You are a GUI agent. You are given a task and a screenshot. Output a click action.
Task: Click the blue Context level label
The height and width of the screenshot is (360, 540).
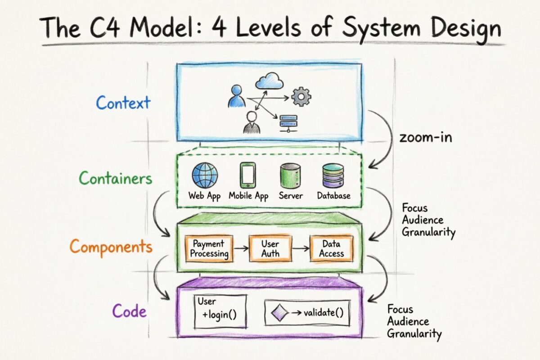(123, 103)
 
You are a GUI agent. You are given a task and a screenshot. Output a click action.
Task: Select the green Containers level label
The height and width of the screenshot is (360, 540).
(116, 179)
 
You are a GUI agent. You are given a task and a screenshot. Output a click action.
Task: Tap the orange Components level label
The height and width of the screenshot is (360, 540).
(111, 247)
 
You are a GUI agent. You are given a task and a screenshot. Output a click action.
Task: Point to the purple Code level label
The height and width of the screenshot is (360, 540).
(129, 311)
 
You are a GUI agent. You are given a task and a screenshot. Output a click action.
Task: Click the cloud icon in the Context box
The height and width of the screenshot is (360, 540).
(270, 81)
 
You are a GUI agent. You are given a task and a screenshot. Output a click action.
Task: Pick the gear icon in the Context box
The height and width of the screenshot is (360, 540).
(301, 97)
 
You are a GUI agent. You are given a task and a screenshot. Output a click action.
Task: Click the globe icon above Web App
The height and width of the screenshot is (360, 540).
(205, 175)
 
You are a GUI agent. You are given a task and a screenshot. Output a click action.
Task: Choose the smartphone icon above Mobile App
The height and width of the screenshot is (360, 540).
(247, 175)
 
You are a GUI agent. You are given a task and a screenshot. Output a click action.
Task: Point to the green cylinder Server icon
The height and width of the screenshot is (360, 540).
(290, 175)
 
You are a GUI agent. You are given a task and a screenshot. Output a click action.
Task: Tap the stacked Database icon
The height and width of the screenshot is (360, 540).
(333, 175)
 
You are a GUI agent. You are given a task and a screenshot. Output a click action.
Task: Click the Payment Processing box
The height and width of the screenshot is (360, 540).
(209, 249)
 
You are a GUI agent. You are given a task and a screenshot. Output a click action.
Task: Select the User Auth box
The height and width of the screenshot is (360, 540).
(270, 249)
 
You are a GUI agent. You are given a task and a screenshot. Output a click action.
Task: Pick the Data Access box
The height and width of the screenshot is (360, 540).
(332, 249)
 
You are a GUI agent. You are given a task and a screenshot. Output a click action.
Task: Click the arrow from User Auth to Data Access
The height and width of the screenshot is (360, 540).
(301, 248)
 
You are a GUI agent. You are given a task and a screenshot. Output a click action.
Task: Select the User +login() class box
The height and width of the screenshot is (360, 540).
(220, 311)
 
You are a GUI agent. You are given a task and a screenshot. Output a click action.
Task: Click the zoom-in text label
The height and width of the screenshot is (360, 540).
(426, 137)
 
